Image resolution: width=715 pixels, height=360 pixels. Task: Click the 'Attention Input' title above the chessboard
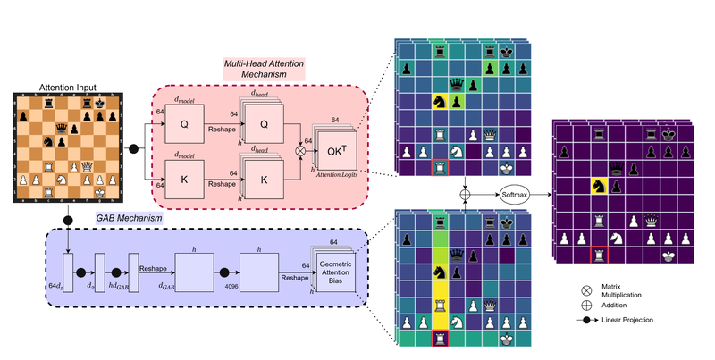click(66, 86)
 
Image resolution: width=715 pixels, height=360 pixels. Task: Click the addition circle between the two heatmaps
click(465, 192)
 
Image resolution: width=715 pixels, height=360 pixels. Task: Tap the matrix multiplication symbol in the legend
click(586, 290)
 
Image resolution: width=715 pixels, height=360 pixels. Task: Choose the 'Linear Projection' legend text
click(640, 320)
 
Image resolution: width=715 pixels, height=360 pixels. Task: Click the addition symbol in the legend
click(586, 305)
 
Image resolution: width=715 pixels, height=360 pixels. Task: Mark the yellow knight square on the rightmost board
click(594, 187)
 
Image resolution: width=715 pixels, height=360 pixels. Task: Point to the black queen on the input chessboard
click(61, 134)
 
